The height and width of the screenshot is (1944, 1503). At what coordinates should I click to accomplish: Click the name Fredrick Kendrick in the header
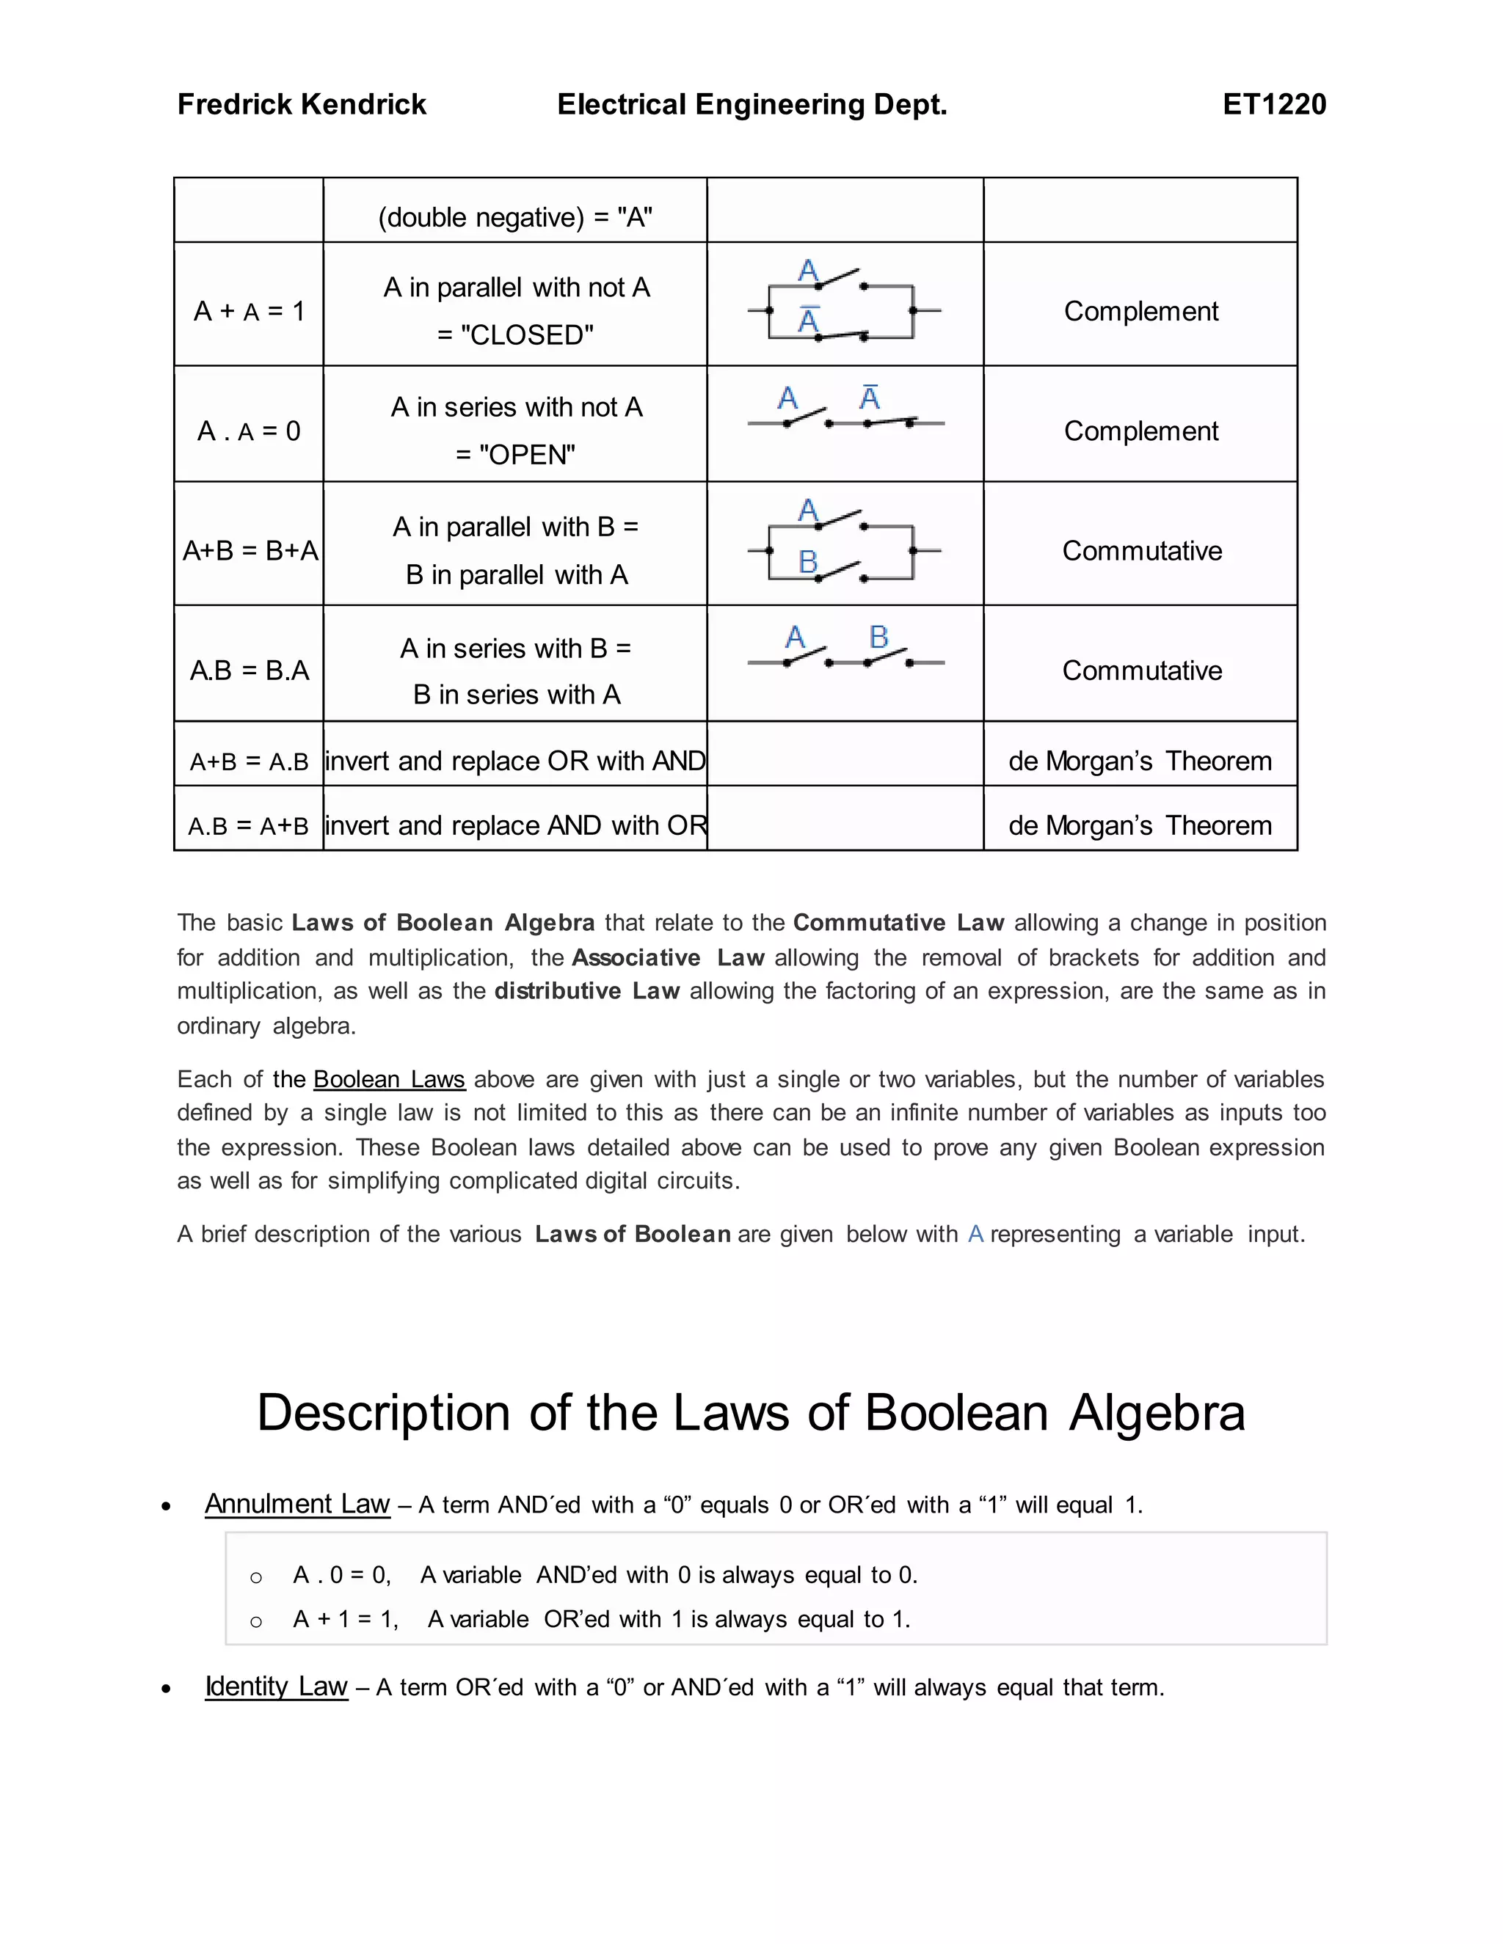pyautogui.click(x=301, y=104)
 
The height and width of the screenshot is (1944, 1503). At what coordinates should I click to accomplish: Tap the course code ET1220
pyautogui.click(x=1273, y=104)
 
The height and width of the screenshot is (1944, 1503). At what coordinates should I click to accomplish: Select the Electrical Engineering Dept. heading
pyautogui.click(x=751, y=104)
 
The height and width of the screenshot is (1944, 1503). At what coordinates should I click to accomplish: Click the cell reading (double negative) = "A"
pyautogui.click(x=514, y=217)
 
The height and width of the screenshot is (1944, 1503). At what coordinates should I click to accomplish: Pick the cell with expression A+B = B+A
pyautogui.click(x=250, y=551)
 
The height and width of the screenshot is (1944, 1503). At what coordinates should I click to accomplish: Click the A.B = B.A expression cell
pyautogui.click(x=250, y=670)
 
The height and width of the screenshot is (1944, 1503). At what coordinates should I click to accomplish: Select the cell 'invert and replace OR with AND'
pyautogui.click(x=515, y=761)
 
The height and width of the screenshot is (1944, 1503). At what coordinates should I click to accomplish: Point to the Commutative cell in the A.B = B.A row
pyautogui.click(x=1141, y=670)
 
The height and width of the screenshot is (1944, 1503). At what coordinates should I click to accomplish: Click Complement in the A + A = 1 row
pyautogui.click(x=1140, y=310)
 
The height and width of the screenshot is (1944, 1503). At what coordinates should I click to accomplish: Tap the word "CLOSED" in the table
pyautogui.click(x=526, y=335)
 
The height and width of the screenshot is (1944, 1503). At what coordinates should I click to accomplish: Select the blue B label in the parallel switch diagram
pyautogui.click(x=807, y=562)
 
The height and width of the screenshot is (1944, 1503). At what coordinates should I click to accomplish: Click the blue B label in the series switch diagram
pyautogui.click(x=878, y=637)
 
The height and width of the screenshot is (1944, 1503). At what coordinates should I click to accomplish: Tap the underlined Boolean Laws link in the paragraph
pyautogui.click(x=389, y=1079)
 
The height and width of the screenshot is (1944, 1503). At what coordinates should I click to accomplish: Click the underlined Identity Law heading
pyautogui.click(x=276, y=1686)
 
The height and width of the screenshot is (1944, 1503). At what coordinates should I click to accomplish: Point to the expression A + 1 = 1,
pyautogui.click(x=346, y=1618)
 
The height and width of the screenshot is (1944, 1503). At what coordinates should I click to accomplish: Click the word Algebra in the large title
pyautogui.click(x=1157, y=1413)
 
